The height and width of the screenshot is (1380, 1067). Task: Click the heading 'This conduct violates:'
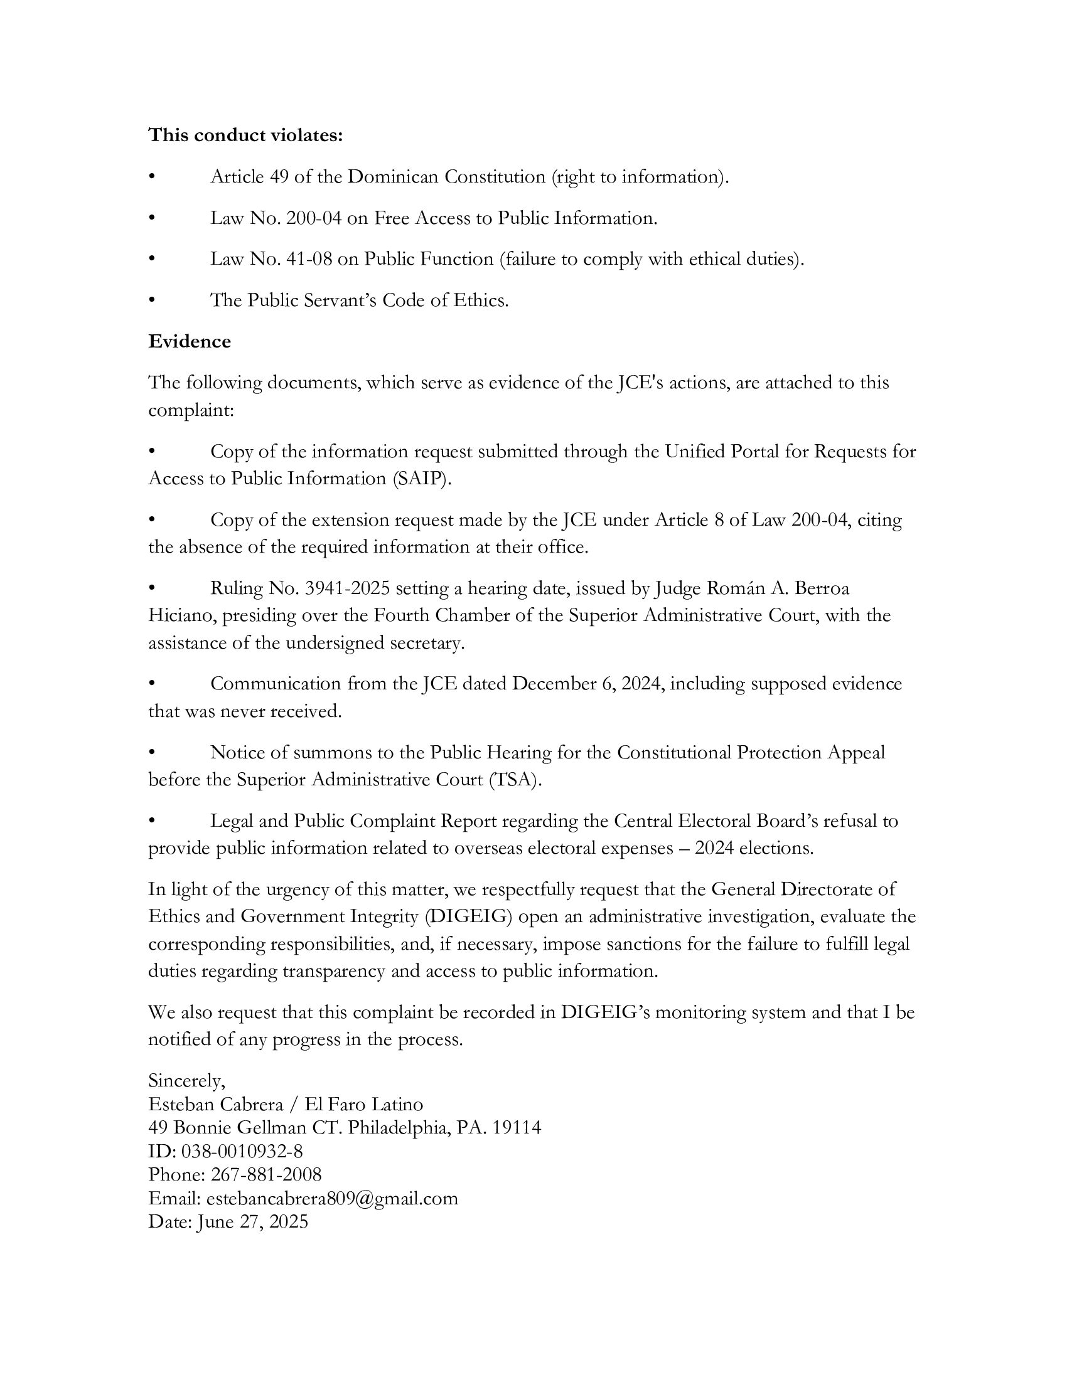pos(245,135)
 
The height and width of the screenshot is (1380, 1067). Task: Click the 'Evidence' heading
pos(190,341)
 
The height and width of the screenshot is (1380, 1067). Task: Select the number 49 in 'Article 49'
pos(279,177)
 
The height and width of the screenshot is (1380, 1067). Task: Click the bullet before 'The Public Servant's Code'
pos(152,300)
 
